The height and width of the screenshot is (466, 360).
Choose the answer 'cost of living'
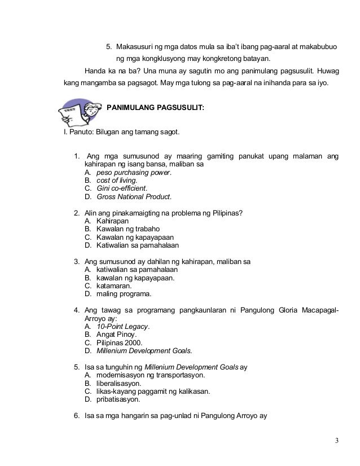point(117,181)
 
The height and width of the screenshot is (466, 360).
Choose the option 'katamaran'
point(115,285)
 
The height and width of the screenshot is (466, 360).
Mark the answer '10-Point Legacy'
point(123,326)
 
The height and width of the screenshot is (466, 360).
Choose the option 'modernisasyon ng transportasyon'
point(151,375)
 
